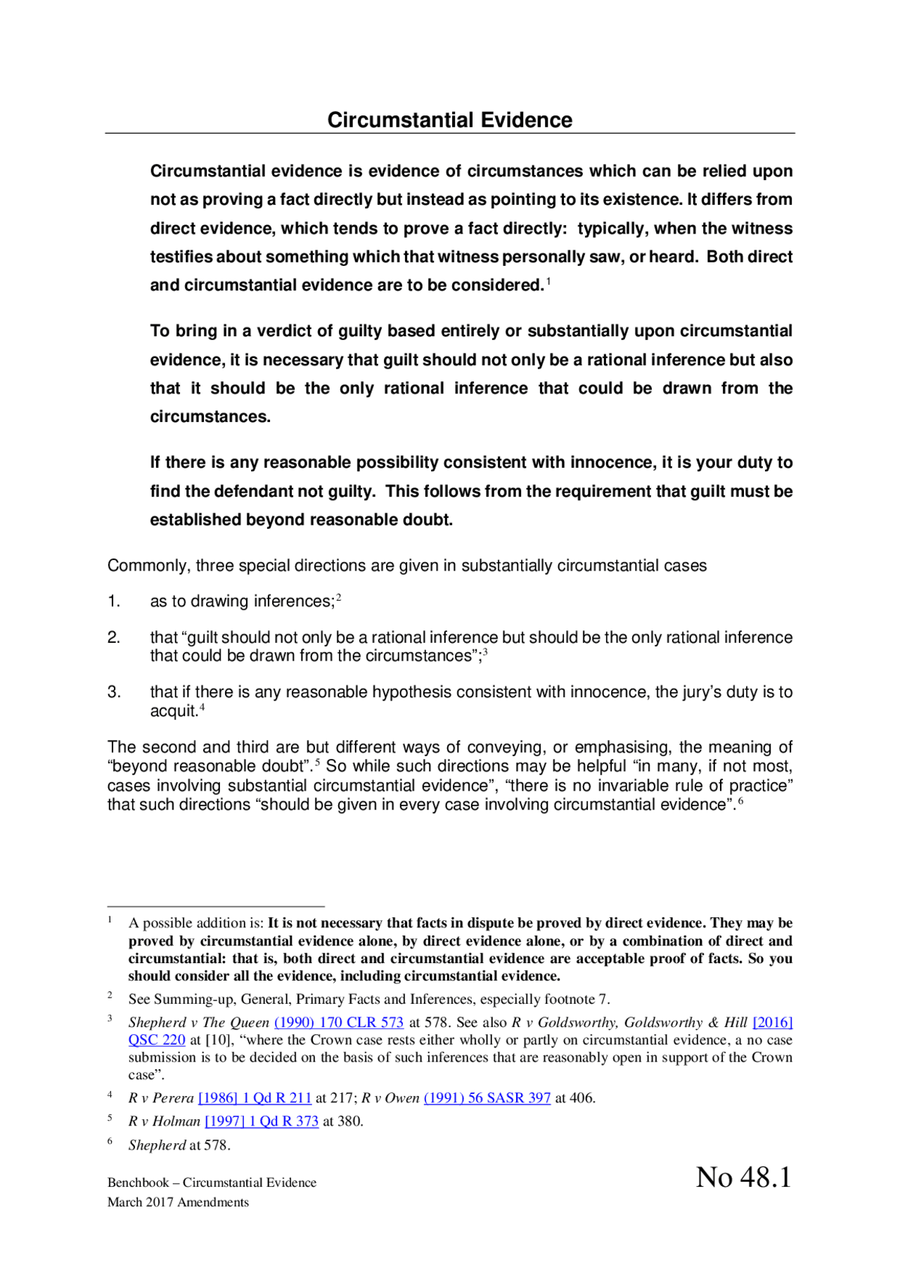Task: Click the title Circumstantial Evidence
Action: (x=449, y=120)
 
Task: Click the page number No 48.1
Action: (x=743, y=1177)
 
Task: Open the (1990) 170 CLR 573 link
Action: (x=338, y=1022)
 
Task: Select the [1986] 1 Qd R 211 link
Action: (x=255, y=1097)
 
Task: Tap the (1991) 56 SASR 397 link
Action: (x=487, y=1097)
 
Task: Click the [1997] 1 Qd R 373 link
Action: (x=262, y=1121)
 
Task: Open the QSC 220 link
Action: (x=157, y=1040)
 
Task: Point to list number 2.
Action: (x=114, y=637)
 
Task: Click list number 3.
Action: (x=114, y=692)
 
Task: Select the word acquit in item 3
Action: (x=172, y=711)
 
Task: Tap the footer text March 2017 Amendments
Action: (x=178, y=1202)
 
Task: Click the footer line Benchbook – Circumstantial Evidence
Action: (x=212, y=1183)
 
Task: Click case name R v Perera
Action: (x=161, y=1097)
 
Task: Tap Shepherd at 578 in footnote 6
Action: (x=179, y=1145)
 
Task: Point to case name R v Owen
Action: (x=390, y=1097)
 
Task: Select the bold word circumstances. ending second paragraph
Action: (x=210, y=416)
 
